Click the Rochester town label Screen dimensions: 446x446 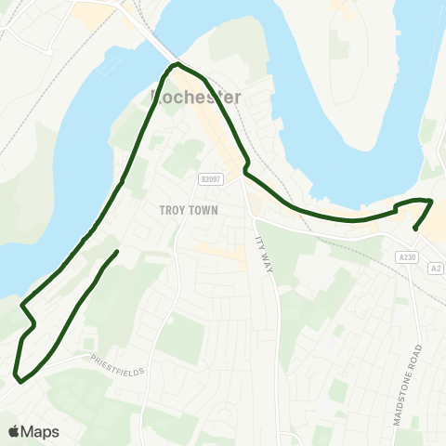pyautogui.click(x=195, y=98)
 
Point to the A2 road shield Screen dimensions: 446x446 pyautogui.click(x=435, y=269)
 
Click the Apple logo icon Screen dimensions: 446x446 pyautogui.click(x=15, y=431)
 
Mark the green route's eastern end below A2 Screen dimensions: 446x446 pyautogui.click(x=414, y=229)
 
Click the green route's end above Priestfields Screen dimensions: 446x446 pyautogui.click(x=117, y=252)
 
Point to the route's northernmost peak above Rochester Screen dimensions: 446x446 pyautogui.click(x=176, y=64)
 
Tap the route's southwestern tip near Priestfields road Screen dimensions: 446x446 pyautogui.click(x=18, y=375)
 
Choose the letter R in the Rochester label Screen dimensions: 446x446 pyautogui.click(x=156, y=98)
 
